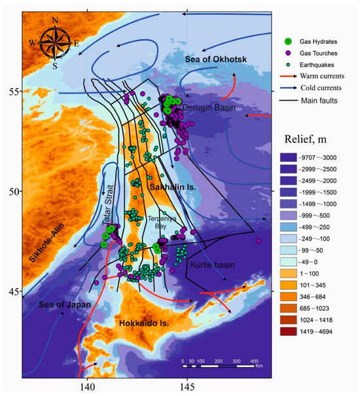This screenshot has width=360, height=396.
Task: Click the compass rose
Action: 55,43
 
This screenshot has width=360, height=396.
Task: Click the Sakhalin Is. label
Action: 171,188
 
